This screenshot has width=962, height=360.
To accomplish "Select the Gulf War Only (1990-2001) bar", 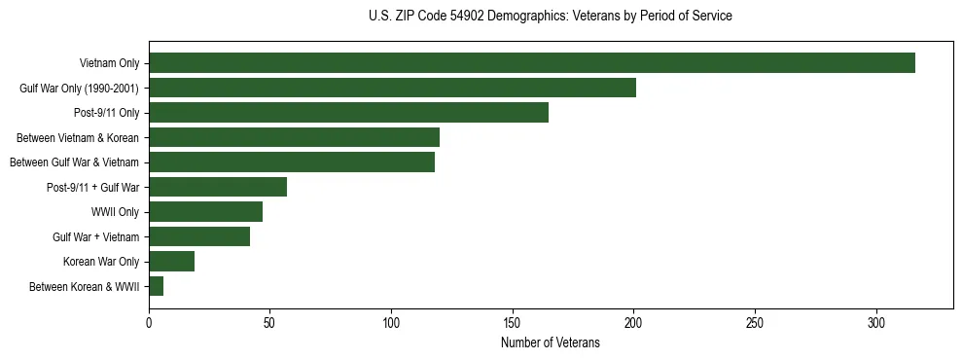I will [x=392, y=88].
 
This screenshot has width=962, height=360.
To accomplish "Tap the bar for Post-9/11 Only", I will [x=348, y=112].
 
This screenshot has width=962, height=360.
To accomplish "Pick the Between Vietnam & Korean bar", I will [x=294, y=137].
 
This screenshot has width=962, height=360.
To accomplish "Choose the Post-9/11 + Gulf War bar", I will [x=218, y=187].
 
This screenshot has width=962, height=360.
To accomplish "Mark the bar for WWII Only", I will [x=205, y=211].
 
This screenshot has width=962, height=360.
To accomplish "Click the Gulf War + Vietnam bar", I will [x=199, y=236].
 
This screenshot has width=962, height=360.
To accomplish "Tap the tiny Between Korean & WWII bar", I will [x=156, y=286].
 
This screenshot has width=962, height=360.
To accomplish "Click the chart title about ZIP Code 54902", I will [x=551, y=16].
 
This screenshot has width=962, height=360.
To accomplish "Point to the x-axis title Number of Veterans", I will [x=551, y=342].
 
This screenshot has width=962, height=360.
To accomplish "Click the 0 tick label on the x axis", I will [x=149, y=323].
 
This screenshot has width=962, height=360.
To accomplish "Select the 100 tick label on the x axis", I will [x=391, y=323].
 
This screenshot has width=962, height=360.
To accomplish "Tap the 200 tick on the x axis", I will [x=633, y=323].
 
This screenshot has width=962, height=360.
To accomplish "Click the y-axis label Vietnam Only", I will [x=109, y=64].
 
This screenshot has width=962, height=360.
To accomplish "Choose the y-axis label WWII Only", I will [x=116, y=212].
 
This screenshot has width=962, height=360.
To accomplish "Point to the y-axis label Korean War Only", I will [x=101, y=262].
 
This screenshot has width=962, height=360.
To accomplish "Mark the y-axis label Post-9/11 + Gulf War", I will [x=93, y=188].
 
